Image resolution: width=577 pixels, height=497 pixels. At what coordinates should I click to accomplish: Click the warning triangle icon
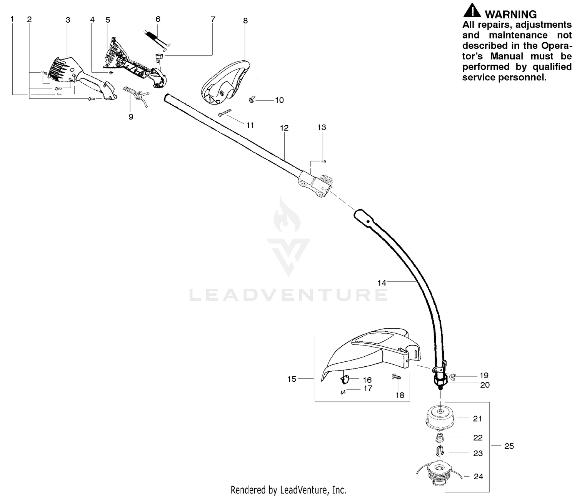point(472,10)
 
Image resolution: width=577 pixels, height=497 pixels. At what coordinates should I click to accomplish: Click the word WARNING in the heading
point(510,14)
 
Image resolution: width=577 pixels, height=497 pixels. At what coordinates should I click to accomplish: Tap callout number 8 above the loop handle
point(245,21)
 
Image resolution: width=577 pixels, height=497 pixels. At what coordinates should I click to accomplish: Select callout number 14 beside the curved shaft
point(382,283)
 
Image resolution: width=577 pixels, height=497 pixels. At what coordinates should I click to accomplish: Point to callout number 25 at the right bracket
point(509,446)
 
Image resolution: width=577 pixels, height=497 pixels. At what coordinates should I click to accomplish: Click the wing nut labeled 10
point(251,100)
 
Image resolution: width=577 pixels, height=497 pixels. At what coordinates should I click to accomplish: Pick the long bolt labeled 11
point(225,113)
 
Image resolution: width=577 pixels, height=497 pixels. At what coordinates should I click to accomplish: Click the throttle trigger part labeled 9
point(136,95)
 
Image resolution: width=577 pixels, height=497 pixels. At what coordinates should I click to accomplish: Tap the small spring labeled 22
point(439,438)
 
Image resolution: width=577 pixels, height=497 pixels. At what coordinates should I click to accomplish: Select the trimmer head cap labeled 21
point(440,418)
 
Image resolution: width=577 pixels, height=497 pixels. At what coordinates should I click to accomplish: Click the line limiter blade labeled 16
point(345,379)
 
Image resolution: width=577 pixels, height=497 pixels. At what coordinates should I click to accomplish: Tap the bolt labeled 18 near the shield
point(396,377)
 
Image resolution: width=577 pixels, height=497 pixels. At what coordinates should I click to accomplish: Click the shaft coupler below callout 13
point(315,184)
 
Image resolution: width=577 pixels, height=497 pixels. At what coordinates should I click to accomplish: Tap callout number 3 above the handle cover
point(68,20)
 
